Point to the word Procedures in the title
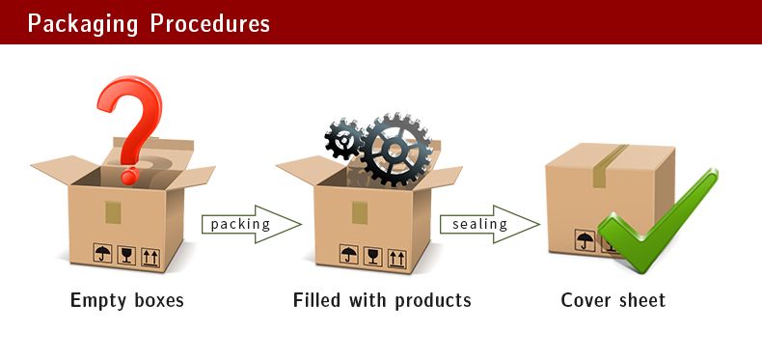209,22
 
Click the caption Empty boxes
127,300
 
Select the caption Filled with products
382,300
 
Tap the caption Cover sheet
613,300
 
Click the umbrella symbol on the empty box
102,256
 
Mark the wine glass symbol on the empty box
126,256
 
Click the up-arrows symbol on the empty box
150,256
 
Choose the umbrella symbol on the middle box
348,256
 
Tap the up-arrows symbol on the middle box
395,257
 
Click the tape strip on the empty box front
114,211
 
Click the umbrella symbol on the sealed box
585,240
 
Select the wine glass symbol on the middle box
372,256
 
